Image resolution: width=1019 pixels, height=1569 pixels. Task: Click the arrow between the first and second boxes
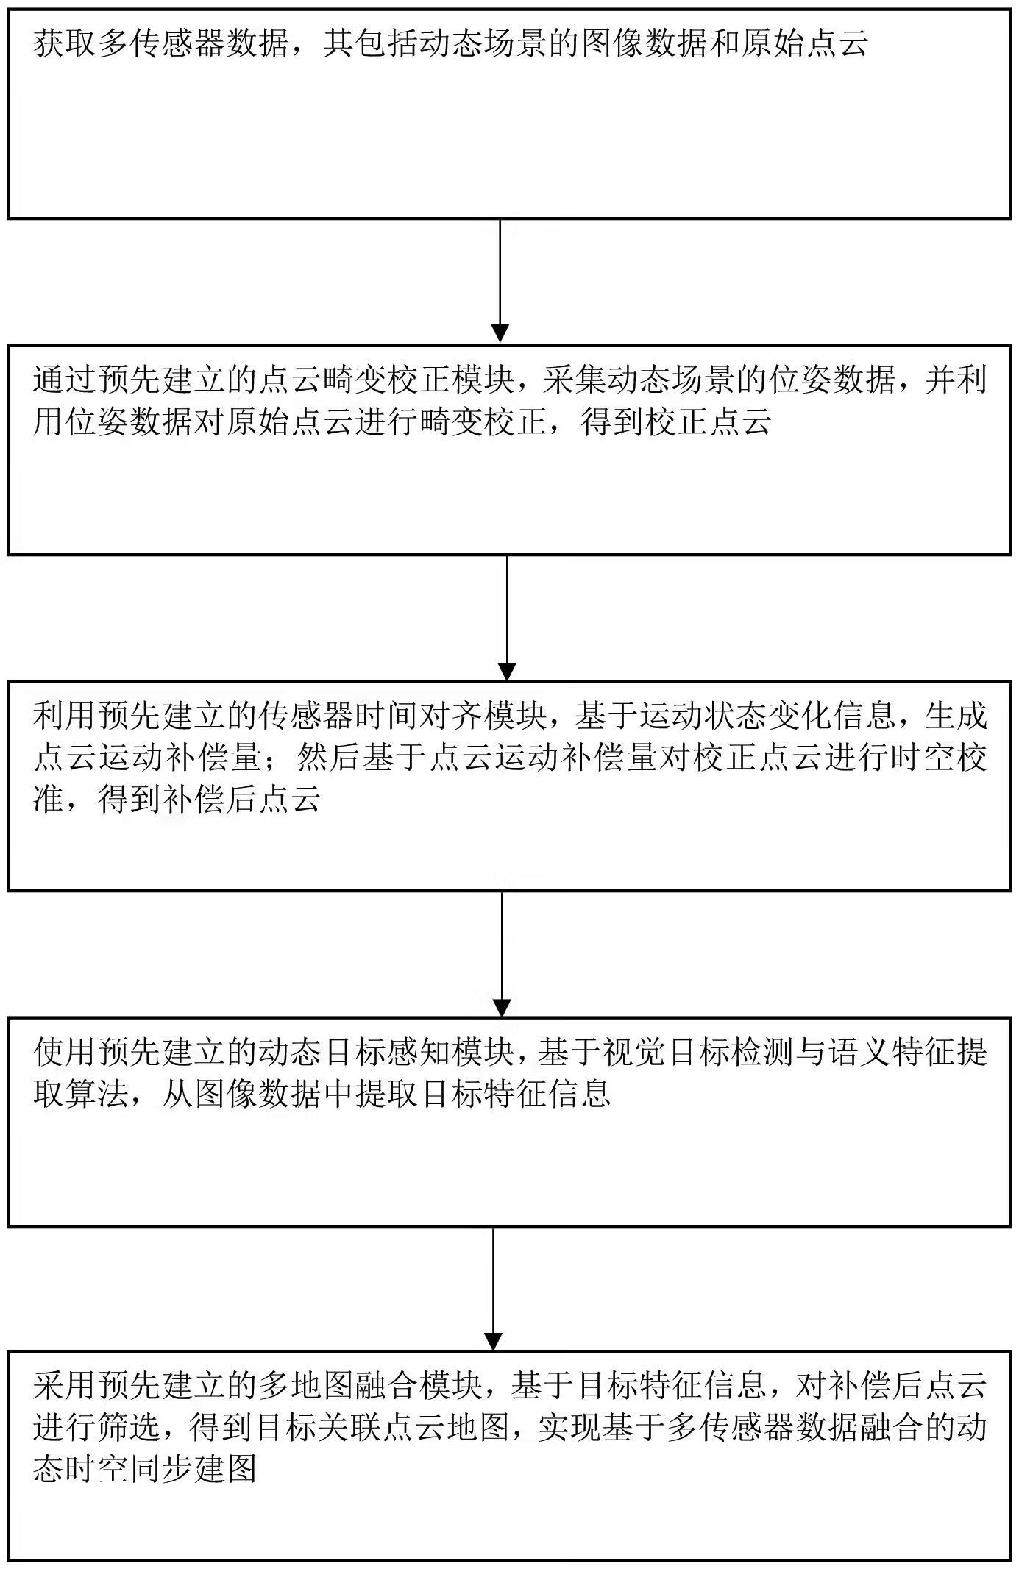point(500,280)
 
